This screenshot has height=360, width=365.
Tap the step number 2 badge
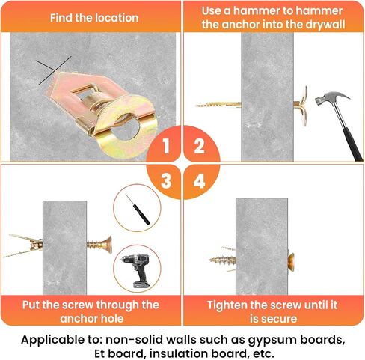200,146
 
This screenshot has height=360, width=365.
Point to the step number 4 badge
200,181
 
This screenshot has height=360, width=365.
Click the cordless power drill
137,270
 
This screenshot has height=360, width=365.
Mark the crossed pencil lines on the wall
53,70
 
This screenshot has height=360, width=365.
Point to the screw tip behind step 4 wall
211,260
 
